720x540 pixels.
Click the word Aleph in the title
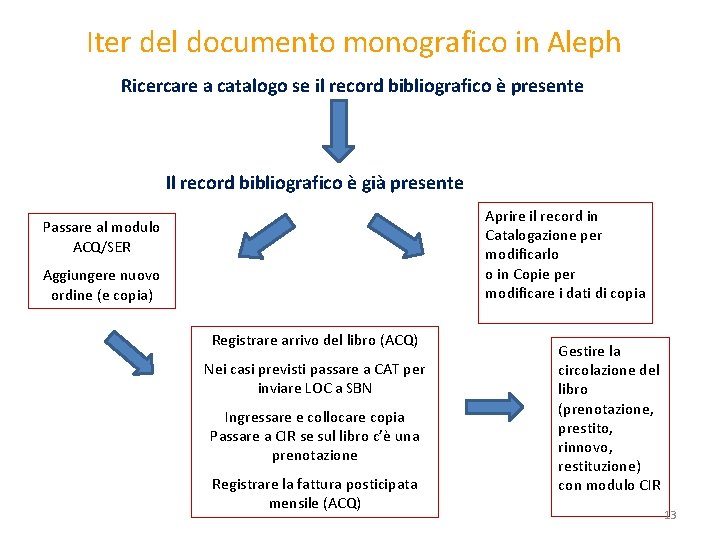(x=584, y=43)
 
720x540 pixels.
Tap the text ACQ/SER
(x=101, y=246)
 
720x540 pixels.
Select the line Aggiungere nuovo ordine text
(x=101, y=285)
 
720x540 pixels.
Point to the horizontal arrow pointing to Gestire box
(x=495, y=407)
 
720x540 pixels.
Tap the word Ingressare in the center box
(x=258, y=417)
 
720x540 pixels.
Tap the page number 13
(x=670, y=515)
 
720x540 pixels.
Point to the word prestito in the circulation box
(x=586, y=428)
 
